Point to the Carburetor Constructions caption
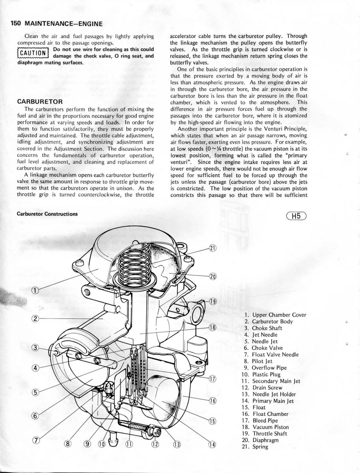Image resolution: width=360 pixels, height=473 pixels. click(47, 214)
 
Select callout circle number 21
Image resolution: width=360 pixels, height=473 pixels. click(213, 248)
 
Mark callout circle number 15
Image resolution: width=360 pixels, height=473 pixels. click(213, 421)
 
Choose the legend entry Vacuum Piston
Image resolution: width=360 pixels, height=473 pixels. click(266, 427)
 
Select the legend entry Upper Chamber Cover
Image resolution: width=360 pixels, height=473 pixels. click(275, 315)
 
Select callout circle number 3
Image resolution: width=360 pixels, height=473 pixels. click(35, 348)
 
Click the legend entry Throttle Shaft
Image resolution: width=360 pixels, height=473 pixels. click(267, 434)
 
